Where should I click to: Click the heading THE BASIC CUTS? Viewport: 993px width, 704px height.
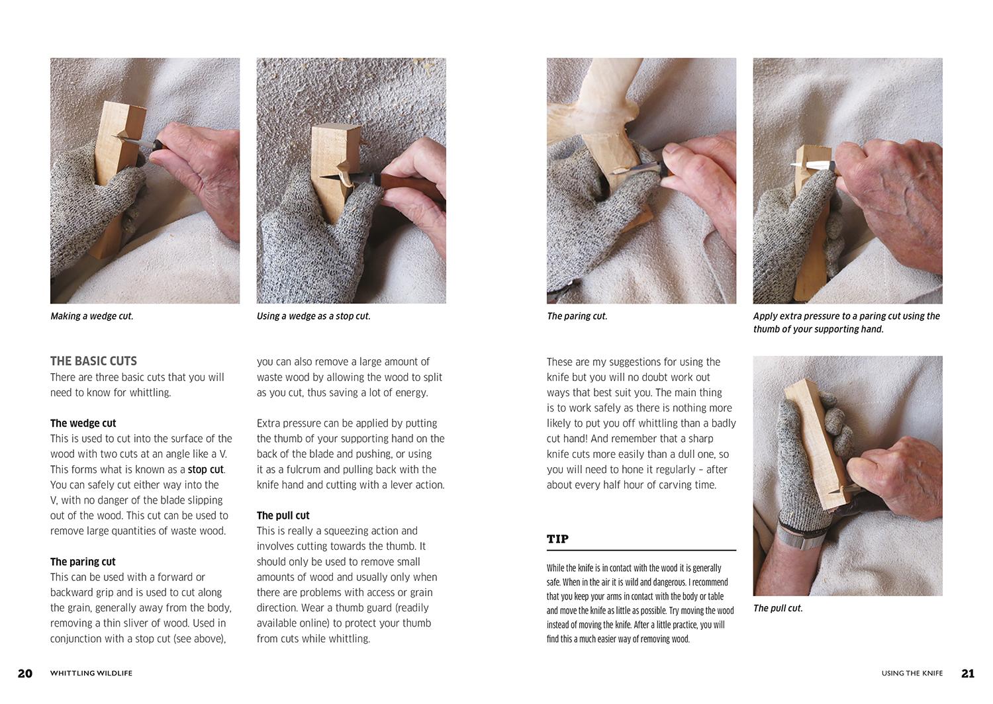pos(93,361)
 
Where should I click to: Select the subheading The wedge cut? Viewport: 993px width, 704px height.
pos(83,423)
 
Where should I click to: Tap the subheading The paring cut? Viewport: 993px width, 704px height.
pos(83,562)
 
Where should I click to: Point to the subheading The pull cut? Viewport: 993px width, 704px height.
pos(283,515)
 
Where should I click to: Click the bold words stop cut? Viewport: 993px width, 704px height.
pos(206,469)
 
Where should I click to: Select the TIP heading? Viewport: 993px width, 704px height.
pos(557,539)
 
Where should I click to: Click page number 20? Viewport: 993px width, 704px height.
pos(25,674)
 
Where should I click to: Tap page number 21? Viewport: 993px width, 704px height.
pos(968,674)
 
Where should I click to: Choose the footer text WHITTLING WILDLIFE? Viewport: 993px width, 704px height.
pos(91,673)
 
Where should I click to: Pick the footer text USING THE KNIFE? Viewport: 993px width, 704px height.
pos(912,673)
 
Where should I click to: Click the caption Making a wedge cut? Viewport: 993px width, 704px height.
pos(92,316)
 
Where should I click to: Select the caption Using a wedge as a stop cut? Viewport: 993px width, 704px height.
pos(313,316)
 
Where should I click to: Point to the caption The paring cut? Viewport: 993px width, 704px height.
pos(577,316)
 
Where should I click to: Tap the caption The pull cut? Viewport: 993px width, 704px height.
pos(778,608)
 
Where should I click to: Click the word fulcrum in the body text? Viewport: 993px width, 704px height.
pos(301,469)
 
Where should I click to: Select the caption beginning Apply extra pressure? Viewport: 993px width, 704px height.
pos(846,322)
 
